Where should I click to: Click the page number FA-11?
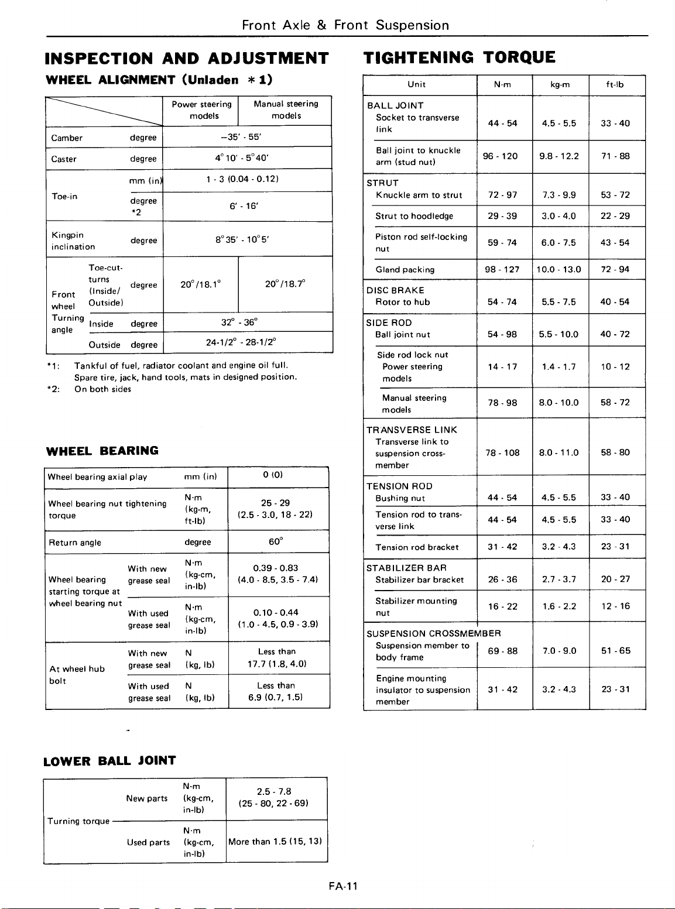[x=343, y=886]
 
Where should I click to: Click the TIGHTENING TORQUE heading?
[x=460, y=57]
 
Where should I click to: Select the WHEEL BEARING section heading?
[x=102, y=451]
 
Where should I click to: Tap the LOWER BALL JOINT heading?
[x=110, y=761]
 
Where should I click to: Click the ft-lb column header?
[x=615, y=84]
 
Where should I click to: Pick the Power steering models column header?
[x=202, y=110]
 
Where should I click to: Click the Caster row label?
[x=64, y=159]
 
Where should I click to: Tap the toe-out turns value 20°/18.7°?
[x=285, y=284]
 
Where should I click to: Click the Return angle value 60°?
[x=276, y=542]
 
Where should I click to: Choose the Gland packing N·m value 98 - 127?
[x=502, y=269]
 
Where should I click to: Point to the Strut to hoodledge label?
[x=414, y=216]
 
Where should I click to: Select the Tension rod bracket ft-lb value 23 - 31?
[x=615, y=547]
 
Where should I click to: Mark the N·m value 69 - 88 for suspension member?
[x=503, y=651]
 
